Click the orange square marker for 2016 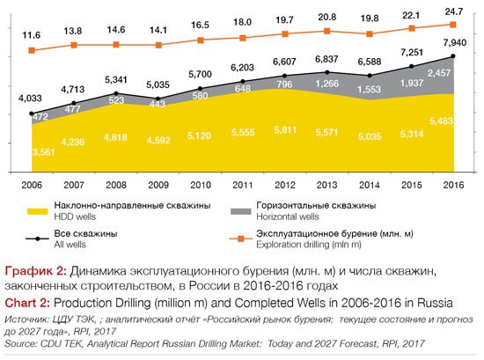(x=453, y=25)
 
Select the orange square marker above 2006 (x=32, y=50)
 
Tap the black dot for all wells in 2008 (x=116, y=93)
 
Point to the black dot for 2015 (x=411, y=66)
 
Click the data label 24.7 (x=453, y=12)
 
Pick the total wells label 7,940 (x=455, y=42)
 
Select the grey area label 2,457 (x=439, y=73)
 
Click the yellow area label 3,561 (x=43, y=152)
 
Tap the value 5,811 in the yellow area (x=285, y=130)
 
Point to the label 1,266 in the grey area (x=326, y=84)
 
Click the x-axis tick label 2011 (x=243, y=185)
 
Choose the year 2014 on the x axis (x=370, y=185)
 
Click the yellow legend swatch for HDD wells (x=37, y=211)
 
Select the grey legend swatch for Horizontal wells (x=241, y=211)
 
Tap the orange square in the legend (x=241, y=239)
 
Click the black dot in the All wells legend (x=37, y=239)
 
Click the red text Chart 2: (x=27, y=303)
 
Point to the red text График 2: (x=35, y=271)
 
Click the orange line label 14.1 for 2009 (x=158, y=30)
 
